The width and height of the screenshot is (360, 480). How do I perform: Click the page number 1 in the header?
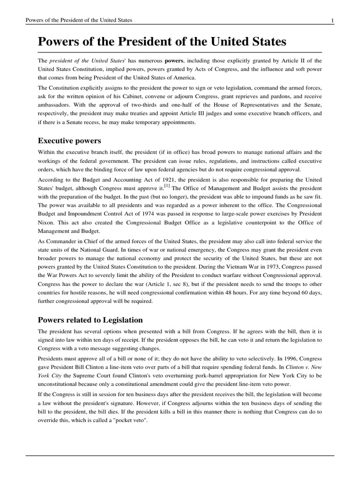tap(332, 21)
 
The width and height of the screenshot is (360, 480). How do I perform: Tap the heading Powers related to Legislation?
tap(90, 320)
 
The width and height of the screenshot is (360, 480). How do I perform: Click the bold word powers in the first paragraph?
tap(174, 61)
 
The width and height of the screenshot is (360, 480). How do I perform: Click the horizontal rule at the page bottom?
tap(180, 455)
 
